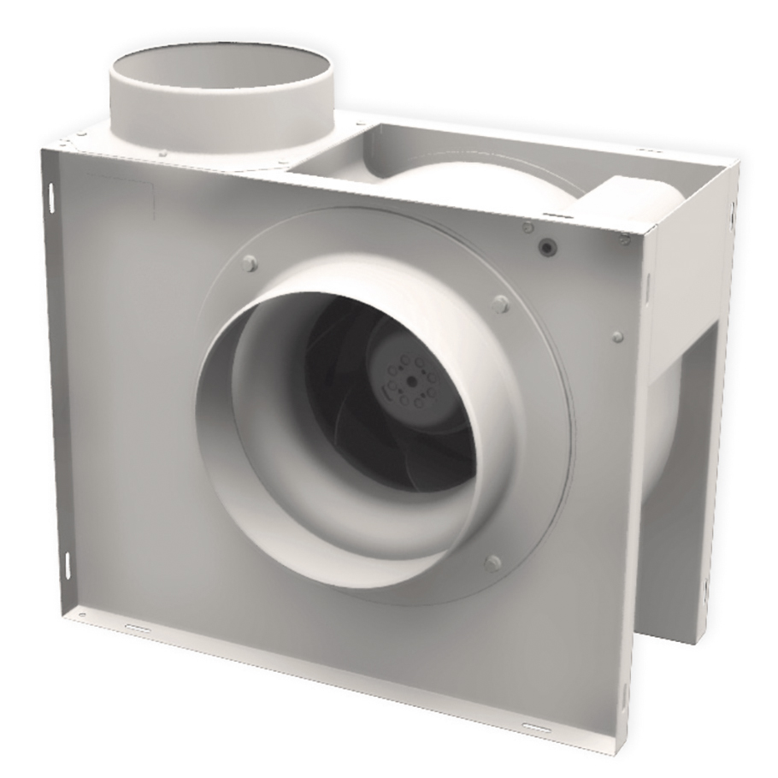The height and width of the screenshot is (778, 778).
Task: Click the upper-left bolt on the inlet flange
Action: (x=249, y=263)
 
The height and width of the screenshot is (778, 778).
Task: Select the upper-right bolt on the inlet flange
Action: (x=501, y=304)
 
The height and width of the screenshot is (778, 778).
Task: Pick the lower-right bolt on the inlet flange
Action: (x=492, y=563)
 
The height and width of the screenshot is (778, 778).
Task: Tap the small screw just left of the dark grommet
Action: (x=528, y=227)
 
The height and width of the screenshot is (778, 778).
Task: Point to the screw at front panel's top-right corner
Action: (x=626, y=237)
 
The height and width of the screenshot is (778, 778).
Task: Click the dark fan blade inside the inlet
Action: (x=359, y=427)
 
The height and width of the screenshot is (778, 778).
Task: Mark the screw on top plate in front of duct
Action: (x=162, y=153)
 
